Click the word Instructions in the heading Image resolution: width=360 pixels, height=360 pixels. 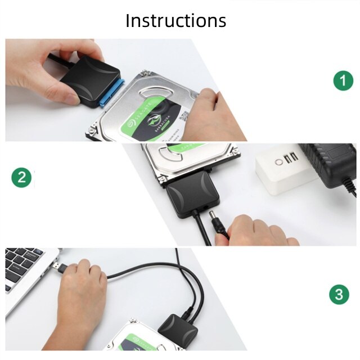pyautogui.click(x=175, y=20)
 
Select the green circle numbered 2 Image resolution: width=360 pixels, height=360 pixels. pyautogui.click(x=21, y=178)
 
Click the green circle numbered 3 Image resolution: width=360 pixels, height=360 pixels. pyautogui.click(x=339, y=294)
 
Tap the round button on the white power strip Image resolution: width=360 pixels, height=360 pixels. pyautogui.click(x=278, y=162)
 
